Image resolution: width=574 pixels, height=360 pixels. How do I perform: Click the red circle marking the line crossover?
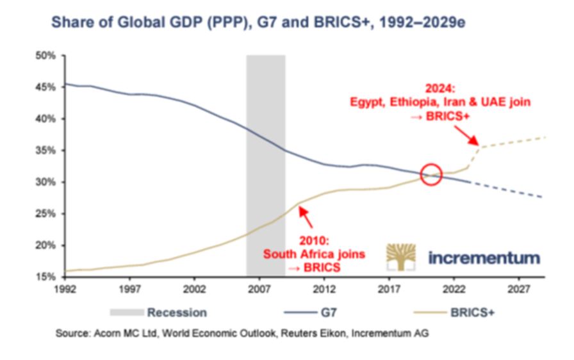click(x=432, y=174)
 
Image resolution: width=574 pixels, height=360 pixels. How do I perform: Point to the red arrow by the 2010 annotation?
click(x=306, y=218)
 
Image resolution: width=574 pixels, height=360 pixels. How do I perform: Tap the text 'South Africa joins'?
click(x=315, y=254)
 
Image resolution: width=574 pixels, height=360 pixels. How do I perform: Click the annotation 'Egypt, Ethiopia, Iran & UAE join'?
click(x=440, y=102)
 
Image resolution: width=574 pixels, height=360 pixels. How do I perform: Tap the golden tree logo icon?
click(x=400, y=257)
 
